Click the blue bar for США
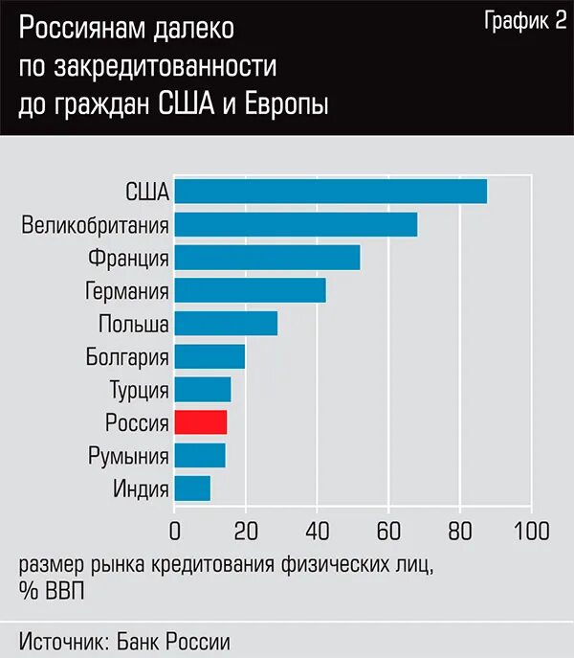330,191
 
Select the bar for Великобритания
296,224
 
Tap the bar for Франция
267,258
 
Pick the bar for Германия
250,290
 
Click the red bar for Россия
200,422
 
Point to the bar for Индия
192,488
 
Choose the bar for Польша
226,324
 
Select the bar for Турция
203,390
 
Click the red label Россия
138,422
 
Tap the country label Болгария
127,357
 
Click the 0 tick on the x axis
174,531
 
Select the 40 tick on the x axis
317,531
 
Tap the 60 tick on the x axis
387,531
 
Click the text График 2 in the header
525,24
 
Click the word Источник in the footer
62,639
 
